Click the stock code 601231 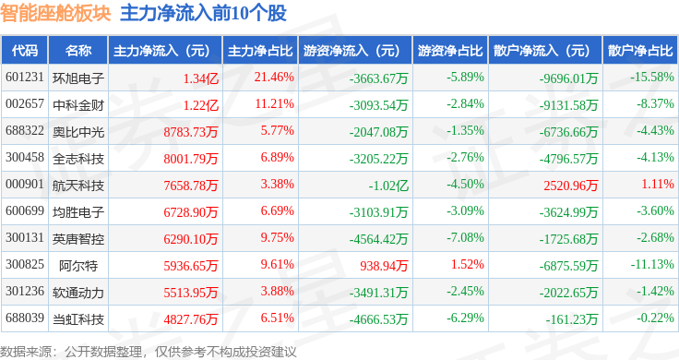click(x=24, y=78)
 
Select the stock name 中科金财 click(x=78, y=104)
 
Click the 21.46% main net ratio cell click(x=274, y=78)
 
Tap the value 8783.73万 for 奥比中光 click(x=190, y=131)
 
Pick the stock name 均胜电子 click(x=78, y=212)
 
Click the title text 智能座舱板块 click(x=54, y=13)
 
